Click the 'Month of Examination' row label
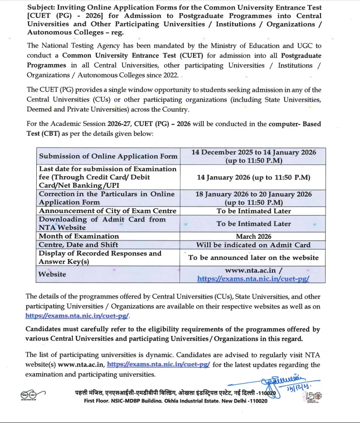tap(78, 236)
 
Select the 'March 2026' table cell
tap(253, 236)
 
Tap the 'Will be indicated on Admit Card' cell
tap(253, 245)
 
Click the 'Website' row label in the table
tap(52, 274)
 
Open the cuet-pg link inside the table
tap(253, 279)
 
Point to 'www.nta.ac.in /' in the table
tap(253, 270)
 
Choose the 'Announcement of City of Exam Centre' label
tap(107, 211)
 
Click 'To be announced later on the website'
tap(253, 258)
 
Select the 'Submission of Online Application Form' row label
tap(108, 156)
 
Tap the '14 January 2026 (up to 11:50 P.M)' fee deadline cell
tap(253, 178)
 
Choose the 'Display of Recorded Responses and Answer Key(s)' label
tap(100, 258)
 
